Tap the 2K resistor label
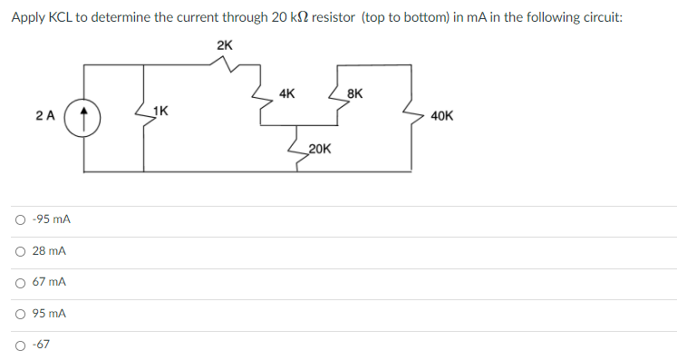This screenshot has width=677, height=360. [x=225, y=45]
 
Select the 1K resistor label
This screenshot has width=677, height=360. [x=160, y=112]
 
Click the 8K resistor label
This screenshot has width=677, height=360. [x=355, y=93]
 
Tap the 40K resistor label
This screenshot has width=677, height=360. [x=443, y=116]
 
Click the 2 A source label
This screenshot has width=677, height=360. [x=45, y=116]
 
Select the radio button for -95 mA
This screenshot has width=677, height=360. [x=19, y=220]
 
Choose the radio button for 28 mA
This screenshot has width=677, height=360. [x=19, y=251]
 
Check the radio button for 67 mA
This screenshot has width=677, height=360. [x=19, y=283]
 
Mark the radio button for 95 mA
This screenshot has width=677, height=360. [x=19, y=314]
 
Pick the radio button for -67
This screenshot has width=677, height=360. [x=19, y=345]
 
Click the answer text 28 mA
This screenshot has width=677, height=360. [x=49, y=251]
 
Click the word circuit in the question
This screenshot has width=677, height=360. [x=601, y=18]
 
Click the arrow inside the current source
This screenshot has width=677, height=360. [x=83, y=116]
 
